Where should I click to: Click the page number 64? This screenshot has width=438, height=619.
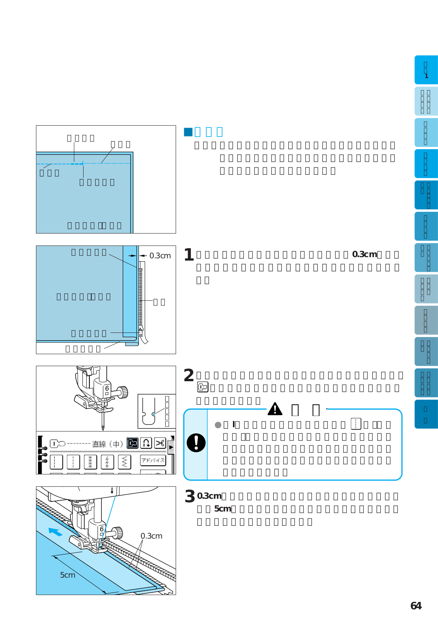point(416,606)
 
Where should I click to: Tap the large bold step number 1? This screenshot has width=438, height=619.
point(189,255)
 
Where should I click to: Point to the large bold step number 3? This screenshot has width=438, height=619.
point(190,496)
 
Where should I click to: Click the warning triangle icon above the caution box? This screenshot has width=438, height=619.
point(275,409)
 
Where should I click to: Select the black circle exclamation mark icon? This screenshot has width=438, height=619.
point(196,443)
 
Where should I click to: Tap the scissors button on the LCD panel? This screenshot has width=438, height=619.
point(160,443)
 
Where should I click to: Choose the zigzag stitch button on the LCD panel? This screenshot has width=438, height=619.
point(124,462)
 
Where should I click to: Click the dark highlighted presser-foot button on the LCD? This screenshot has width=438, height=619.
point(132,443)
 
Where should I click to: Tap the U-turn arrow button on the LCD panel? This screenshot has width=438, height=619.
point(146,443)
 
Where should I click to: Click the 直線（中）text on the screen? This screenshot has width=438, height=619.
point(107,444)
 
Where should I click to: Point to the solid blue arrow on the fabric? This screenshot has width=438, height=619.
point(55,532)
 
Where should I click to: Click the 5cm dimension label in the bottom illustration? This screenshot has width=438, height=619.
point(68,575)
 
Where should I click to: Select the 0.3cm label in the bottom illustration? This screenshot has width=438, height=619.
point(151,536)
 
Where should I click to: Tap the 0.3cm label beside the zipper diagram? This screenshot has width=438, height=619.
point(160,256)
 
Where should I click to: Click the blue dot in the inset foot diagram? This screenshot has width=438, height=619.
point(154,414)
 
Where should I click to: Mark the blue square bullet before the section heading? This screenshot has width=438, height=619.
point(188,132)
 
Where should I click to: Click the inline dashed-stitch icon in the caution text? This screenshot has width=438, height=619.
point(356,424)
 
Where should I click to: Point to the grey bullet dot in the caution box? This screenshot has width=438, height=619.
point(218,425)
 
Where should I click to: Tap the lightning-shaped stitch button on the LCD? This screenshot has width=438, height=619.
point(107,462)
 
